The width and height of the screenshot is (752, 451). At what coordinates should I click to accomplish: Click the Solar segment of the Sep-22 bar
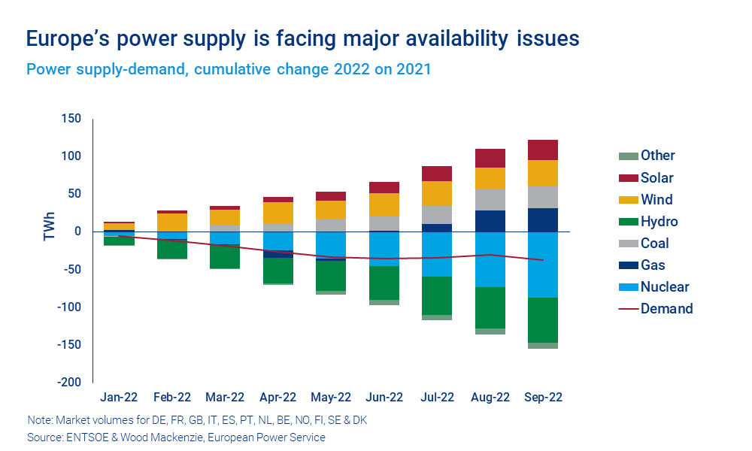(543, 150)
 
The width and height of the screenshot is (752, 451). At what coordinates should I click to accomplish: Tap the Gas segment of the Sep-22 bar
(543, 219)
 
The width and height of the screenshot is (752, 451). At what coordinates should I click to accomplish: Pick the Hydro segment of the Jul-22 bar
(437, 295)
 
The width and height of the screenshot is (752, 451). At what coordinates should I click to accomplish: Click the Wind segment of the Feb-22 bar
(171, 222)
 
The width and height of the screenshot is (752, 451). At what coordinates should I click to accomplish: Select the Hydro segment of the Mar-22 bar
(225, 256)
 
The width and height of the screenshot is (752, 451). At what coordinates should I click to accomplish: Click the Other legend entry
(657, 156)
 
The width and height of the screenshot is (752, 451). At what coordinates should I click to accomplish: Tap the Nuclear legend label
(665, 286)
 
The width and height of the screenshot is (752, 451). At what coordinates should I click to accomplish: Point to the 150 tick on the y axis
(71, 119)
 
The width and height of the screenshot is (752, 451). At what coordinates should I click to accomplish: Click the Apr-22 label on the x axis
(277, 397)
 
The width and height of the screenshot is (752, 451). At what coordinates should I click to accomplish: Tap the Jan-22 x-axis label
(119, 397)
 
